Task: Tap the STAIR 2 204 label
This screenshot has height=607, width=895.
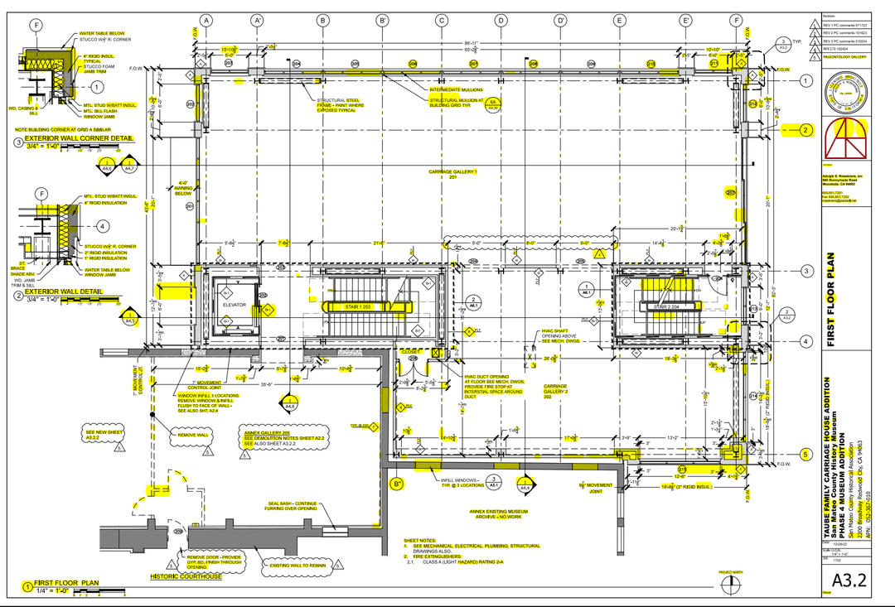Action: (x=666, y=306)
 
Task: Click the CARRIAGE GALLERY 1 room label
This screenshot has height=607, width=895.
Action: (x=452, y=174)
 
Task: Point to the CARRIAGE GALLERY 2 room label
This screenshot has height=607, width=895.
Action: (x=555, y=392)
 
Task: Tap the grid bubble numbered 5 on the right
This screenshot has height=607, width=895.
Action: (x=805, y=454)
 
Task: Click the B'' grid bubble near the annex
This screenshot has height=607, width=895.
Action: (x=397, y=484)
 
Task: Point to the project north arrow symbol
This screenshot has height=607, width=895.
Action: (x=730, y=583)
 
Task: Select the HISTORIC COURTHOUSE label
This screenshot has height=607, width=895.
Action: (x=186, y=576)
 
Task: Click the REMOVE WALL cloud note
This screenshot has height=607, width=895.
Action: (x=192, y=435)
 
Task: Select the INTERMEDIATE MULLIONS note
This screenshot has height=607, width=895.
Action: (x=456, y=89)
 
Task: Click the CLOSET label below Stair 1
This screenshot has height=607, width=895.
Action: (x=410, y=351)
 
